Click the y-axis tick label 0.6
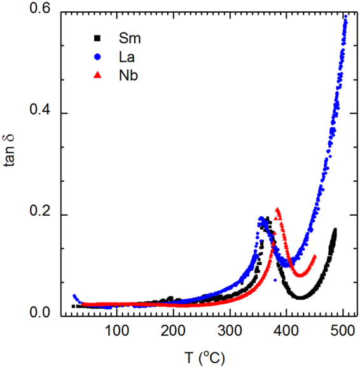click(42, 13)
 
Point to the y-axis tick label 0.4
click(42, 114)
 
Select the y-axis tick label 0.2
click(42, 215)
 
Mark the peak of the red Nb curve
click(277, 209)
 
